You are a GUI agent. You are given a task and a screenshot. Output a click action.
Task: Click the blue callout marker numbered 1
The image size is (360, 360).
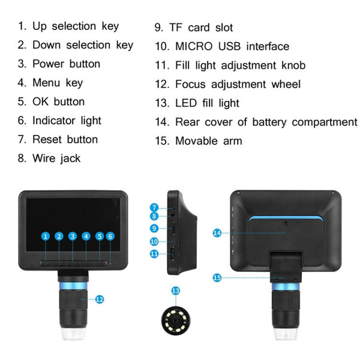[x=46, y=236]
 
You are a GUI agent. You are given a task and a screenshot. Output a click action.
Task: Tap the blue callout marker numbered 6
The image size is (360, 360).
[x=110, y=236]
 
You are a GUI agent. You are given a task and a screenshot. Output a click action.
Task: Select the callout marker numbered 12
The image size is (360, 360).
[x=100, y=299]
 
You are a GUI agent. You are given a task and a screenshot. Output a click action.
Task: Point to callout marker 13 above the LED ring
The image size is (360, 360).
[x=175, y=290]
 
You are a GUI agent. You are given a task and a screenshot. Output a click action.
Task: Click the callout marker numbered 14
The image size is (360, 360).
[x=217, y=232]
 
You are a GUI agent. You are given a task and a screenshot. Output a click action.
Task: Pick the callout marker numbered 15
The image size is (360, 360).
[x=217, y=277]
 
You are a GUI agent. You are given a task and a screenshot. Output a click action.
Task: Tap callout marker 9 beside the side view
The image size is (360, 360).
[x=154, y=228]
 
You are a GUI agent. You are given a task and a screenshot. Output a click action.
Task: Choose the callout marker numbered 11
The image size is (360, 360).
[x=154, y=254]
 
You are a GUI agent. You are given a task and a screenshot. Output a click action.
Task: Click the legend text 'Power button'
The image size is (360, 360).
[x=66, y=64]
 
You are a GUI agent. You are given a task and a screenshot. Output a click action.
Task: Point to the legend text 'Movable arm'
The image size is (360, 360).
[x=209, y=141]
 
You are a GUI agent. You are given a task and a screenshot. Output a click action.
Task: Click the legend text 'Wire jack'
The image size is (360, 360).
[x=56, y=158]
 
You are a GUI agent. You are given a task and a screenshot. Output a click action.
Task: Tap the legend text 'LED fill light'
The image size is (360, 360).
[x=207, y=103]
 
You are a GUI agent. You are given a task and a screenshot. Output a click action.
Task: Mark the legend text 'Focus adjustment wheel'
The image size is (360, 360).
[x=238, y=84]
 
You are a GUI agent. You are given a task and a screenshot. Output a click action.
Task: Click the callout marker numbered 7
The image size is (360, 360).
[x=154, y=207]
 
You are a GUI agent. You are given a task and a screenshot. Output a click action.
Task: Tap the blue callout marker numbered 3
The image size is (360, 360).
[x=73, y=236]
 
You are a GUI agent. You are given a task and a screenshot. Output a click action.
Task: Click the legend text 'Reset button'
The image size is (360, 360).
[x=65, y=139]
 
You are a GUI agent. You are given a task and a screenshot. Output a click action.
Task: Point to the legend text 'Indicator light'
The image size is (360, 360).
[x=67, y=121]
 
